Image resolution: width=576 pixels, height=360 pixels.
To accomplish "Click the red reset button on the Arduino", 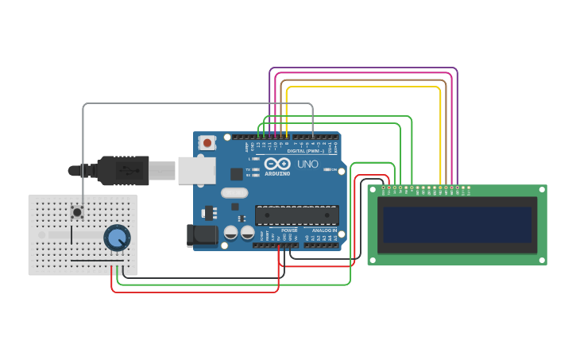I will [207, 143].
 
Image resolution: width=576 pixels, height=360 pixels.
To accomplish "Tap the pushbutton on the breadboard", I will [78, 211].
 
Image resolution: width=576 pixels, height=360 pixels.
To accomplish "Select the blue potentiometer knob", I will [117, 237].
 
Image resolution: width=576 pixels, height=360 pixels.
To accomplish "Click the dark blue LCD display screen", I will [457, 226].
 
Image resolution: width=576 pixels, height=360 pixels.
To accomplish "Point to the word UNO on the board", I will [307, 165].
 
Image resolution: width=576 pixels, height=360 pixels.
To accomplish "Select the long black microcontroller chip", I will [296, 215].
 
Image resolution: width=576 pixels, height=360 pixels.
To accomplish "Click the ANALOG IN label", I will [324, 230].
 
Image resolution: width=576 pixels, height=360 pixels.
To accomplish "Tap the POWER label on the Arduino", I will [288, 230].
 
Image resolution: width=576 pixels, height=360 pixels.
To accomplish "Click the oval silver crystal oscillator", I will [234, 192].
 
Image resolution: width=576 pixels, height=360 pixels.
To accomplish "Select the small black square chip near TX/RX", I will [237, 174].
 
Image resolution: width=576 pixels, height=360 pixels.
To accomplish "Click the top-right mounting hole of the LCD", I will [541, 191].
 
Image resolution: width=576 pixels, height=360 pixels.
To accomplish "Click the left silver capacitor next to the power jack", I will [231, 233].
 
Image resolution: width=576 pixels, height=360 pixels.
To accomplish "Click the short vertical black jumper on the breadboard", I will [72, 235].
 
